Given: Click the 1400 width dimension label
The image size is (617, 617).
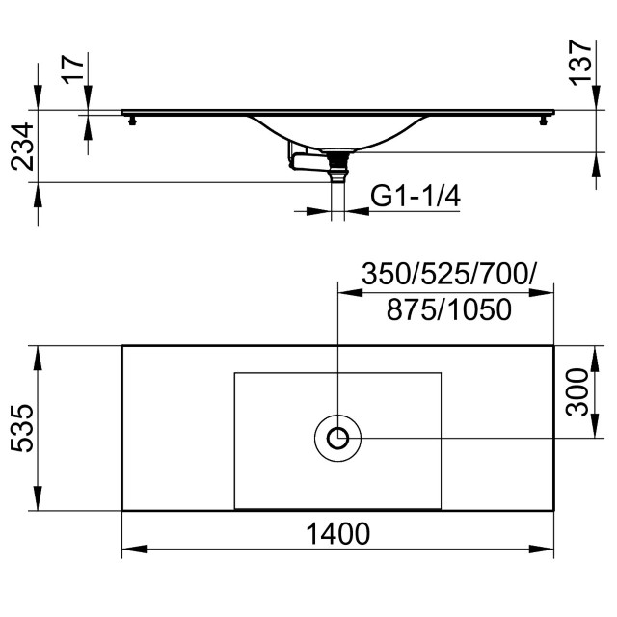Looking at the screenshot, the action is (337, 533).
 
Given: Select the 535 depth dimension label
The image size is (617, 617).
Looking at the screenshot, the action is (22, 428).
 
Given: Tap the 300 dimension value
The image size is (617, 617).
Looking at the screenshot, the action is (577, 392).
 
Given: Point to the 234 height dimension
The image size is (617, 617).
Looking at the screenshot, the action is (22, 146).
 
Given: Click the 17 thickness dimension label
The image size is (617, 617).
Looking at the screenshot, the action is (73, 69).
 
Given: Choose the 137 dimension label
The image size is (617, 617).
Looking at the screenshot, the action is (580, 63).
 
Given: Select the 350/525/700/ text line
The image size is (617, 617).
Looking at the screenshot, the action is (448, 274).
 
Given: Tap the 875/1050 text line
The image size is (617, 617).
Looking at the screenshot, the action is (449, 309).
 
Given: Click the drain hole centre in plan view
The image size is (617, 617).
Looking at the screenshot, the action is (337, 438).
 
